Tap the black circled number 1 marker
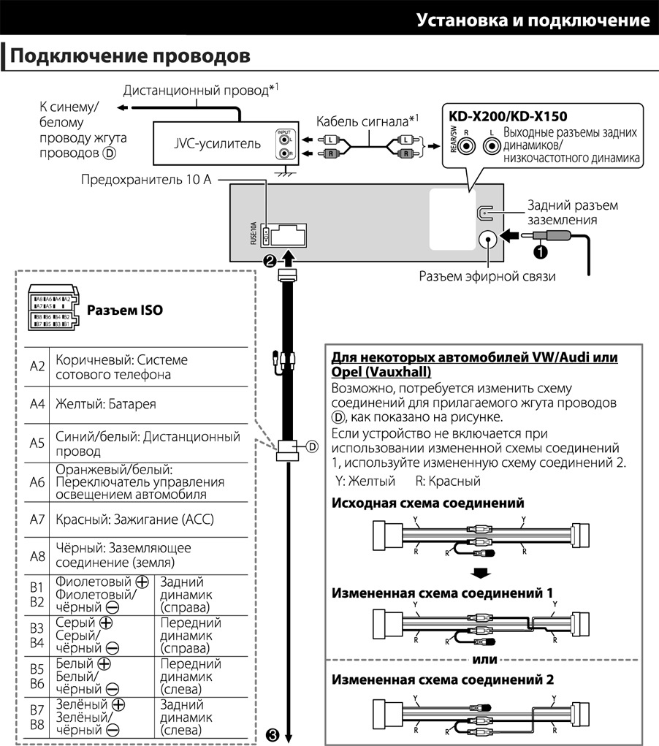540,251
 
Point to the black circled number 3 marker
273,735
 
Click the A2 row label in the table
37,367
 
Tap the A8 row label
37,555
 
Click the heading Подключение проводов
130,56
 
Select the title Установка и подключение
533,20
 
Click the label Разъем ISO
125,310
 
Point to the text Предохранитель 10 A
146,180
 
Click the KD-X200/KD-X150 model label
508,116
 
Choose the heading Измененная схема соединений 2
442,679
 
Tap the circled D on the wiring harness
312,446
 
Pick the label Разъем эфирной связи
487,277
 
